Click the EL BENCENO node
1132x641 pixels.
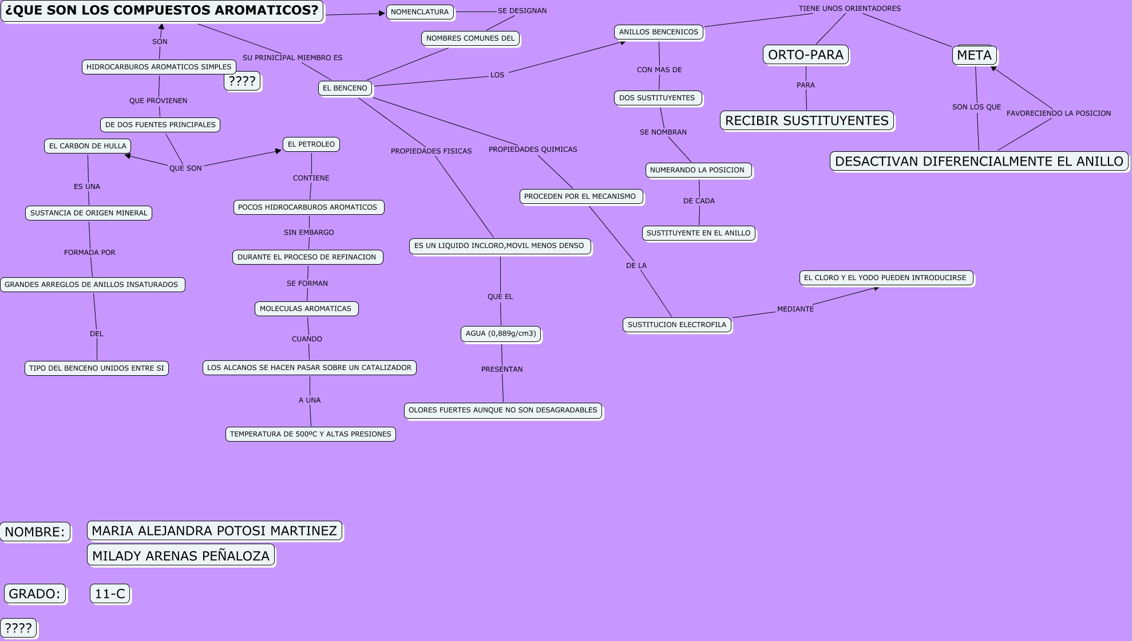point(345,88)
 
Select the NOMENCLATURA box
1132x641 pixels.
point(419,12)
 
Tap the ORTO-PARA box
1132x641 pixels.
point(805,55)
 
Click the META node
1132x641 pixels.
point(974,56)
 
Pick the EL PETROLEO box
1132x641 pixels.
point(311,144)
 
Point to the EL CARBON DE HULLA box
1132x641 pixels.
point(88,146)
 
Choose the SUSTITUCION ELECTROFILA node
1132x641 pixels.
point(676,325)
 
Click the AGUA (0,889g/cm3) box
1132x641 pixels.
point(501,333)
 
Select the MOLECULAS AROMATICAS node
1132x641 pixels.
point(306,309)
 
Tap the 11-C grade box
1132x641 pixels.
point(110,594)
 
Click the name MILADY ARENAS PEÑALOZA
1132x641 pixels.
point(181,556)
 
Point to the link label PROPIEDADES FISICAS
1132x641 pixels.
point(431,151)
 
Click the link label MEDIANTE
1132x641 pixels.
point(795,309)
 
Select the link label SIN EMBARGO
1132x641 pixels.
point(308,233)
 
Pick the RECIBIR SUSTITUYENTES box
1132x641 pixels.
point(806,121)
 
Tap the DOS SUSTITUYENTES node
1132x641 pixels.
point(657,98)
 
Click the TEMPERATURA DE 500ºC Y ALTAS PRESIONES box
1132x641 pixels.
point(311,434)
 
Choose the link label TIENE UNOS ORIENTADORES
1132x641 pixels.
point(849,9)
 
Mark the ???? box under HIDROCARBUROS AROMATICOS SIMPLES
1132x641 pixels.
point(242,81)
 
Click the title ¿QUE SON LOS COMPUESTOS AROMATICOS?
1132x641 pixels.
point(163,10)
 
